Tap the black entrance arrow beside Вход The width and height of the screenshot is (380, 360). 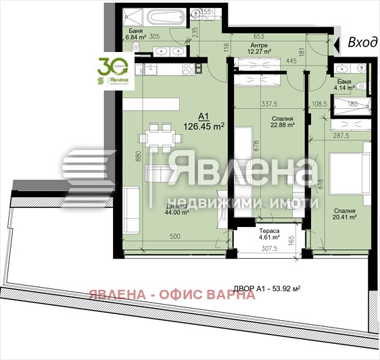[338, 43]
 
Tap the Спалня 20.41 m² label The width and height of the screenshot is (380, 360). [343, 215]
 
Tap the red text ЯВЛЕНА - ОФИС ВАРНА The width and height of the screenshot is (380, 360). [171, 294]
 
